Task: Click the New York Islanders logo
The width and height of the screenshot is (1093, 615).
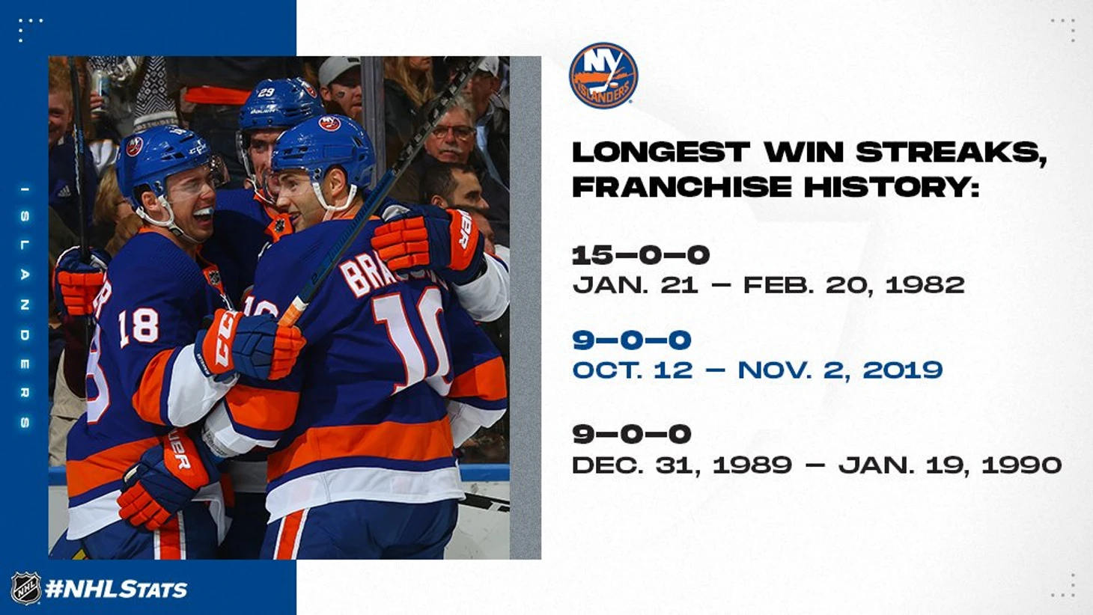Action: tap(603, 76)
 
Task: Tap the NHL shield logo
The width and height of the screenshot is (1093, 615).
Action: tap(26, 588)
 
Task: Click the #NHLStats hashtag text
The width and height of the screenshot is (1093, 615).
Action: tap(116, 589)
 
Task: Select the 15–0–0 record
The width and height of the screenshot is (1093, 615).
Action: tap(641, 255)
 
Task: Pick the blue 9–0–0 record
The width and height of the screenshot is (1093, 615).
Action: tap(632, 340)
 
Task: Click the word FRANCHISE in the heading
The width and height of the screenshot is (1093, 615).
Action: tap(681, 187)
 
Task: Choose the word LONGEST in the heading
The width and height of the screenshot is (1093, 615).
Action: tap(660, 152)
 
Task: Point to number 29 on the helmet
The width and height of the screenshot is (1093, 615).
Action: tap(267, 92)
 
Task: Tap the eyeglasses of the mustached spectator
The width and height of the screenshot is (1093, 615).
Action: tap(452, 132)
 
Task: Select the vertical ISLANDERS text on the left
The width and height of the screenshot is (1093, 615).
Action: tap(25, 306)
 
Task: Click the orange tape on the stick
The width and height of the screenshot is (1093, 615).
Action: tap(293, 311)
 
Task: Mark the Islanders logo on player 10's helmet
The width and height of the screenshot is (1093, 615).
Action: tap(329, 123)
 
